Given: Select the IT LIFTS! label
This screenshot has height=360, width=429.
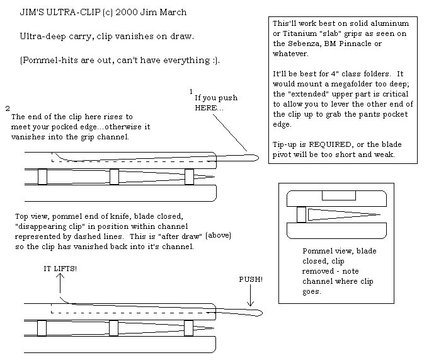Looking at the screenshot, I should click(61, 268).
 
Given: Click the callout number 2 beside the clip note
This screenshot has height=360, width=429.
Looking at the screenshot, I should click(7, 108).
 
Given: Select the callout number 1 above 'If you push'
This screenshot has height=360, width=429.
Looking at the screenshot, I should click(191, 91).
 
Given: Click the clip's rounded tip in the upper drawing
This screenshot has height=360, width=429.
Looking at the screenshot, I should click(254, 158).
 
